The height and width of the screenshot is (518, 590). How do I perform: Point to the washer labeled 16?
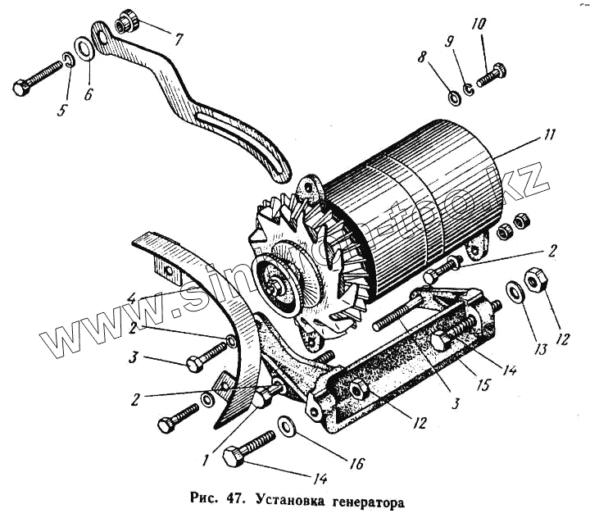pyautogui.click(x=287, y=425)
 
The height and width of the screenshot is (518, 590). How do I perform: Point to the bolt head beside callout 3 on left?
pyautogui.click(x=195, y=364)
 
